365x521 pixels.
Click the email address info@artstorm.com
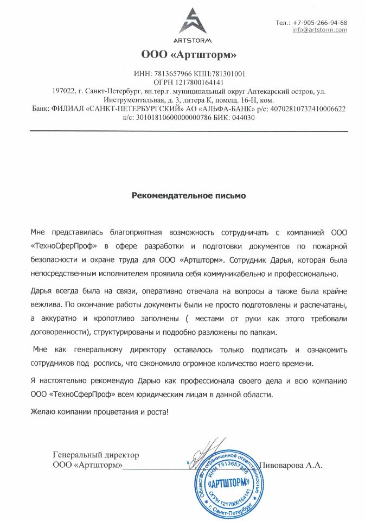click(x=319, y=30)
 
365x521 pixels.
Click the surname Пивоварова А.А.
click(x=291, y=465)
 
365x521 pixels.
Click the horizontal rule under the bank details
click(x=189, y=131)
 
